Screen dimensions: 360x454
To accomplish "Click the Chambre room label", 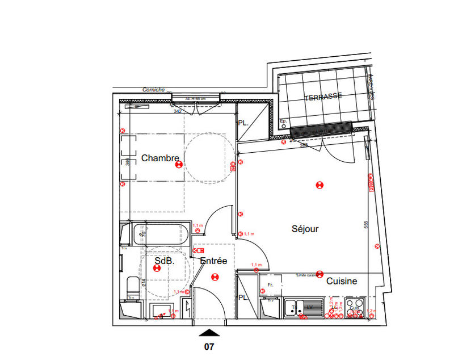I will click(160, 158).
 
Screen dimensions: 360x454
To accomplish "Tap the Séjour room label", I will click(305, 229).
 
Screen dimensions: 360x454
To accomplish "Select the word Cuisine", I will click(341, 281).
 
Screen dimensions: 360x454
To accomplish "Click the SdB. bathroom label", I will click(164, 261).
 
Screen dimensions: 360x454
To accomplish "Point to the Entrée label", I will click(213, 261).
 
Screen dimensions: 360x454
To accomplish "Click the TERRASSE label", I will click(323, 97).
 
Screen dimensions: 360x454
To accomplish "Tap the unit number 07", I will click(210, 345).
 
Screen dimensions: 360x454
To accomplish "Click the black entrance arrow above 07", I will click(210, 333).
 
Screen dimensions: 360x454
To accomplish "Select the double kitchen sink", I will click(302, 307).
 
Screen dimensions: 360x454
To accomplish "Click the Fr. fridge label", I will click(271, 284).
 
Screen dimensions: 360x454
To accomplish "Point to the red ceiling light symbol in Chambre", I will click(179, 165).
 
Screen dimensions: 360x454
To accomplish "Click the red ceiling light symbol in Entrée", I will click(214, 277).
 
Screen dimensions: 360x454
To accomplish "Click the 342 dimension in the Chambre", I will click(177, 112).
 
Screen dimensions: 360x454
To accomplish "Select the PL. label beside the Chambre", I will click(243, 123).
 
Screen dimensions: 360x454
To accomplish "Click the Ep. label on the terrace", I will click(284, 122).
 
